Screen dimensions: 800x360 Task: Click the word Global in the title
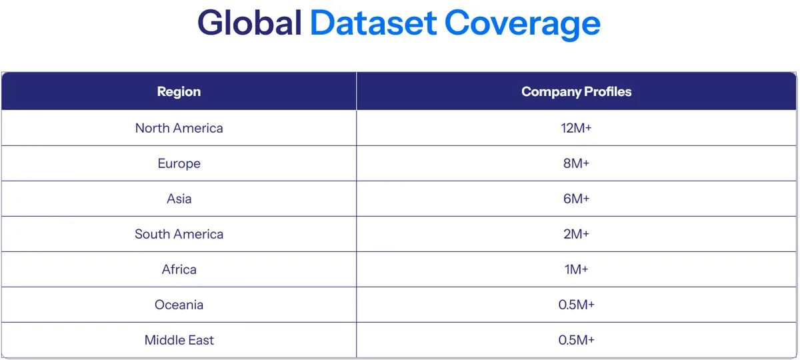pyautogui.click(x=249, y=23)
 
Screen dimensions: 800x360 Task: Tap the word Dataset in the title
pyautogui.click(x=373, y=23)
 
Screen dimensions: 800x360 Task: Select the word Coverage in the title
pyautogui.click(x=522, y=24)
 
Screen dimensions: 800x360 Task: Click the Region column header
pyautogui.click(x=179, y=92)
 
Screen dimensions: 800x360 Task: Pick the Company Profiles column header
pyautogui.click(x=576, y=92)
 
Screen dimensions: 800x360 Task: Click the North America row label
pyautogui.click(x=179, y=128)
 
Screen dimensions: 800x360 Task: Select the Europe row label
pyautogui.click(x=179, y=164)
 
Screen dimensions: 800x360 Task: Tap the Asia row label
pyautogui.click(x=179, y=199)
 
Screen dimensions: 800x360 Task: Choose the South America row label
pyautogui.click(x=179, y=234)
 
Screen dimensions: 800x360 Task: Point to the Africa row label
pyautogui.click(x=179, y=269)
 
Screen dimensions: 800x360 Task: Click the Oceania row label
pyautogui.click(x=179, y=305)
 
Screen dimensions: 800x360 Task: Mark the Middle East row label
pyautogui.click(x=179, y=340)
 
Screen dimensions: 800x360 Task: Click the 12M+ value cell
pyautogui.click(x=576, y=128)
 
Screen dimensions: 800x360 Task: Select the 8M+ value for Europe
pyautogui.click(x=576, y=163)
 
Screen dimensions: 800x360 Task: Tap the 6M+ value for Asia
pyautogui.click(x=576, y=199)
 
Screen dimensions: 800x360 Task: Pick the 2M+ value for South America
pyautogui.click(x=576, y=234)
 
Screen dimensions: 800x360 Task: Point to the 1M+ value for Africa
pyautogui.click(x=576, y=269)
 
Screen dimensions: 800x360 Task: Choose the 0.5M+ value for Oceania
pyautogui.click(x=576, y=305)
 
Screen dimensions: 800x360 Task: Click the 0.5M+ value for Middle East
pyautogui.click(x=576, y=340)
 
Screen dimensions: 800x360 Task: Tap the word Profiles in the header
pyautogui.click(x=608, y=92)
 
